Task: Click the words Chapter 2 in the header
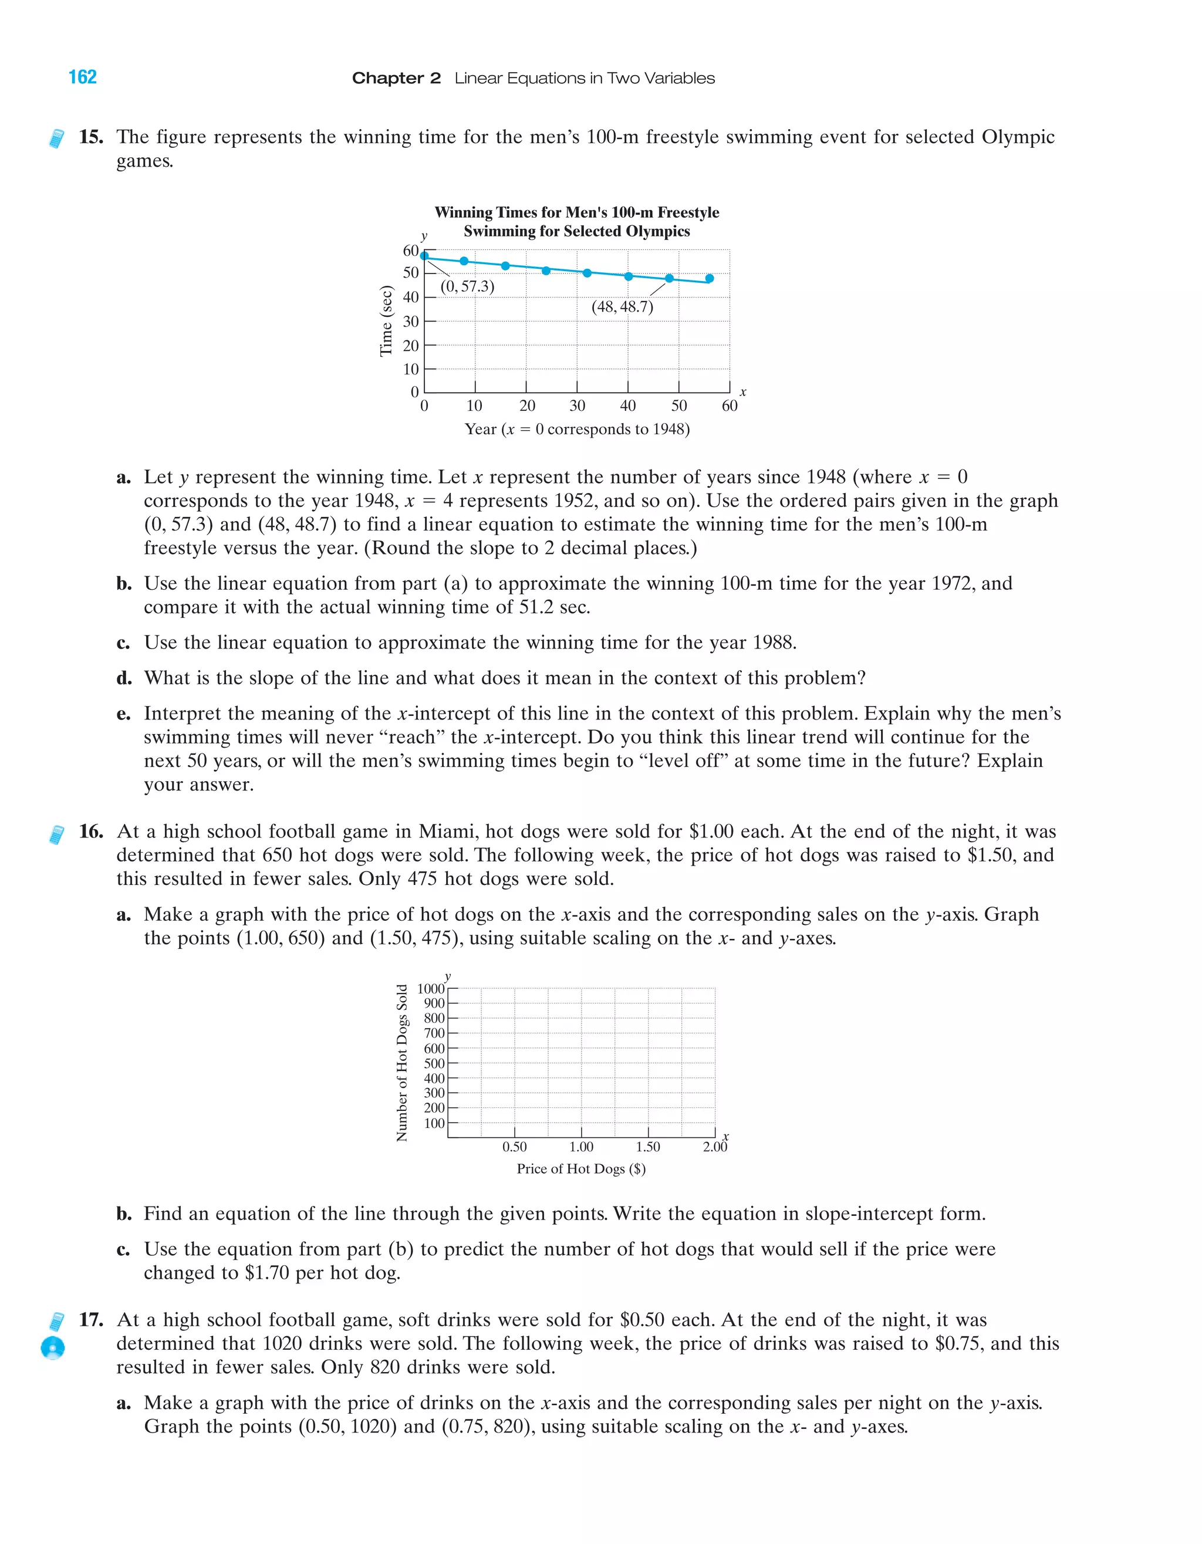[x=396, y=79]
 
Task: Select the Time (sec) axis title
[x=386, y=320]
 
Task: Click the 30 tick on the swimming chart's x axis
[x=577, y=406]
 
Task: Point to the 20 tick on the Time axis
[x=411, y=346]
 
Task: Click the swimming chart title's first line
[x=576, y=212]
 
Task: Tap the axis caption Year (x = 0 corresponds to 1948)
[x=577, y=429]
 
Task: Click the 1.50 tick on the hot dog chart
[x=648, y=1147]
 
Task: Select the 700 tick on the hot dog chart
[x=434, y=1033]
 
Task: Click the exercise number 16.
[x=91, y=832]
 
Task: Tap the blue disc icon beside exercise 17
[x=53, y=1347]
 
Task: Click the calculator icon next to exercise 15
[x=56, y=138]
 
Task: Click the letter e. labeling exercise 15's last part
[x=124, y=714]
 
